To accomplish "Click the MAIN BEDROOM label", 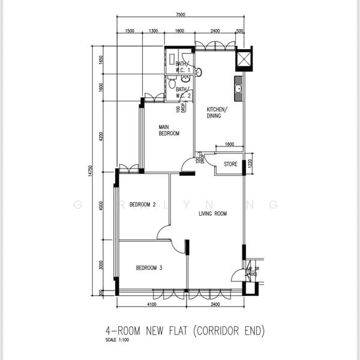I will [169, 130].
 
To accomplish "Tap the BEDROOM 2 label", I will [143, 205].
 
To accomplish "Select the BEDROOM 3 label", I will [149, 268].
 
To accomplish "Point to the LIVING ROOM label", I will [212, 213].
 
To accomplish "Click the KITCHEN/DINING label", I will [217, 113].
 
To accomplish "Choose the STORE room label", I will [230, 163].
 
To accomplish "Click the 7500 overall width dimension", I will [181, 14].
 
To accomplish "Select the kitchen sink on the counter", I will [238, 89].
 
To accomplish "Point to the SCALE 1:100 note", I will [118, 343].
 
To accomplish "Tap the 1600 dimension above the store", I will [229, 145].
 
